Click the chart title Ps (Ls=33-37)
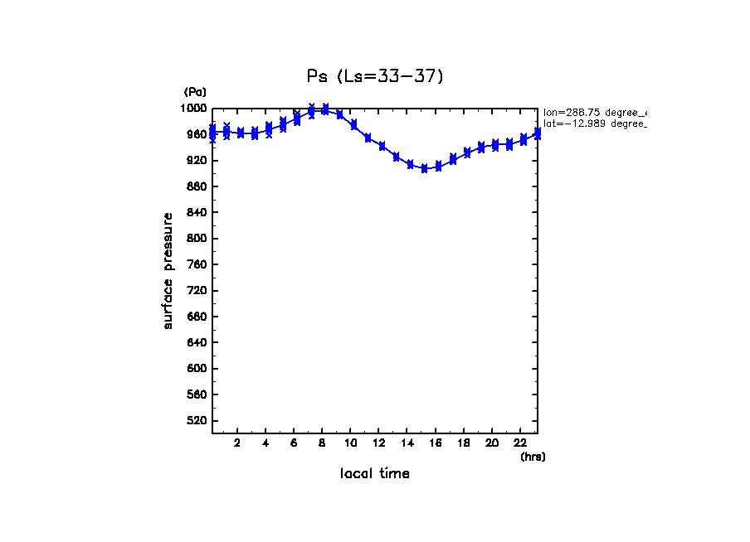[375, 76]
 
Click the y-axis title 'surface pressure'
[168, 270]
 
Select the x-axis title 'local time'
[375, 474]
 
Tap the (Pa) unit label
[195, 92]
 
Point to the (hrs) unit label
[533, 457]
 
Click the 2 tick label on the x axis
[237, 443]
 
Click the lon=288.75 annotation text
[594, 113]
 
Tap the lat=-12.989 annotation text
[594, 124]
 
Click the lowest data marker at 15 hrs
[424, 168]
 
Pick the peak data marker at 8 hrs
[325, 109]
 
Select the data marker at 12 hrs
[382, 146]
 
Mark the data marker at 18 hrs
[467, 152]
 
